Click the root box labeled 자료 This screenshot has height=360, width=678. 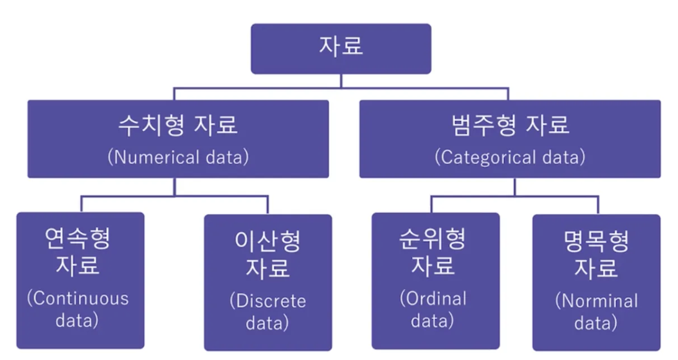(x=341, y=48)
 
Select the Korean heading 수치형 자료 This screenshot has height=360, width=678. (x=178, y=126)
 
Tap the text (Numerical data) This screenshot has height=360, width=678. (x=178, y=157)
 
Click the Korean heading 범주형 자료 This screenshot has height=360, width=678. (x=510, y=126)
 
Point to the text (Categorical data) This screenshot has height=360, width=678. (x=510, y=157)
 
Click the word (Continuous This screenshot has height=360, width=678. (x=78, y=298)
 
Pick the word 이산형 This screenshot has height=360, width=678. (x=267, y=241)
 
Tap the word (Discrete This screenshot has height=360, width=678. (x=267, y=300)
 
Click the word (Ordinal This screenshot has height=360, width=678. (x=435, y=298)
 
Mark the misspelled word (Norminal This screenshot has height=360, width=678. (x=596, y=300)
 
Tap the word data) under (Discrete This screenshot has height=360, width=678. (x=267, y=323)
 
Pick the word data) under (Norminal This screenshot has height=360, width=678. (x=596, y=323)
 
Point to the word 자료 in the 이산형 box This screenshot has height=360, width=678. (x=267, y=267)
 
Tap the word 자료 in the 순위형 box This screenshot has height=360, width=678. (x=435, y=265)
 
